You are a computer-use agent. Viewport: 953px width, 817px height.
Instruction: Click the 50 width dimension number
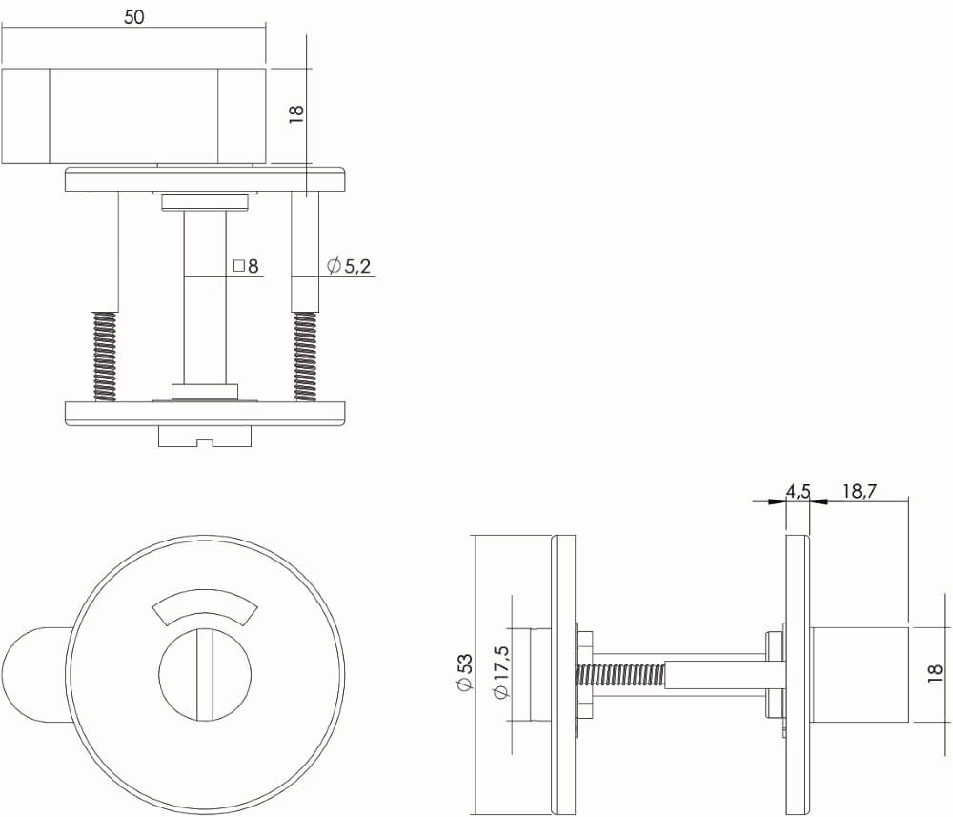(133, 16)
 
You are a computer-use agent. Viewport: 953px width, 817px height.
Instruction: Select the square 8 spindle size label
(246, 267)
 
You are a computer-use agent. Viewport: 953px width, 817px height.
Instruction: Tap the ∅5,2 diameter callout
(348, 267)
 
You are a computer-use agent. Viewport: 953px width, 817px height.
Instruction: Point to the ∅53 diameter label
(464, 673)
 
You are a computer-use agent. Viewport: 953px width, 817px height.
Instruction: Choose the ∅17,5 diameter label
(503, 674)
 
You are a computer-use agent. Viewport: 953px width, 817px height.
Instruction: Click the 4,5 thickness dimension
(798, 492)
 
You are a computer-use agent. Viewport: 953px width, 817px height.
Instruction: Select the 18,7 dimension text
(859, 492)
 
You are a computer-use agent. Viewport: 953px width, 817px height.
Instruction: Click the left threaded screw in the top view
(105, 357)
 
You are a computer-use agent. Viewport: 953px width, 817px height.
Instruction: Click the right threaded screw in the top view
(305, 357)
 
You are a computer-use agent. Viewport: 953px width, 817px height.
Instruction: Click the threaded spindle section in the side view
(619, 676)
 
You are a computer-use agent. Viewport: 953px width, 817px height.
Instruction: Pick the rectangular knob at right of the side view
(858, 675)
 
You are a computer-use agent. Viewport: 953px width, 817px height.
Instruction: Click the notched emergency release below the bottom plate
(204, 436)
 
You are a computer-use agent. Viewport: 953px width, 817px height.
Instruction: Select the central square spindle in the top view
(205, 296)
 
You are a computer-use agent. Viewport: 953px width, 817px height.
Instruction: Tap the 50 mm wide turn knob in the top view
(133, 115)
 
